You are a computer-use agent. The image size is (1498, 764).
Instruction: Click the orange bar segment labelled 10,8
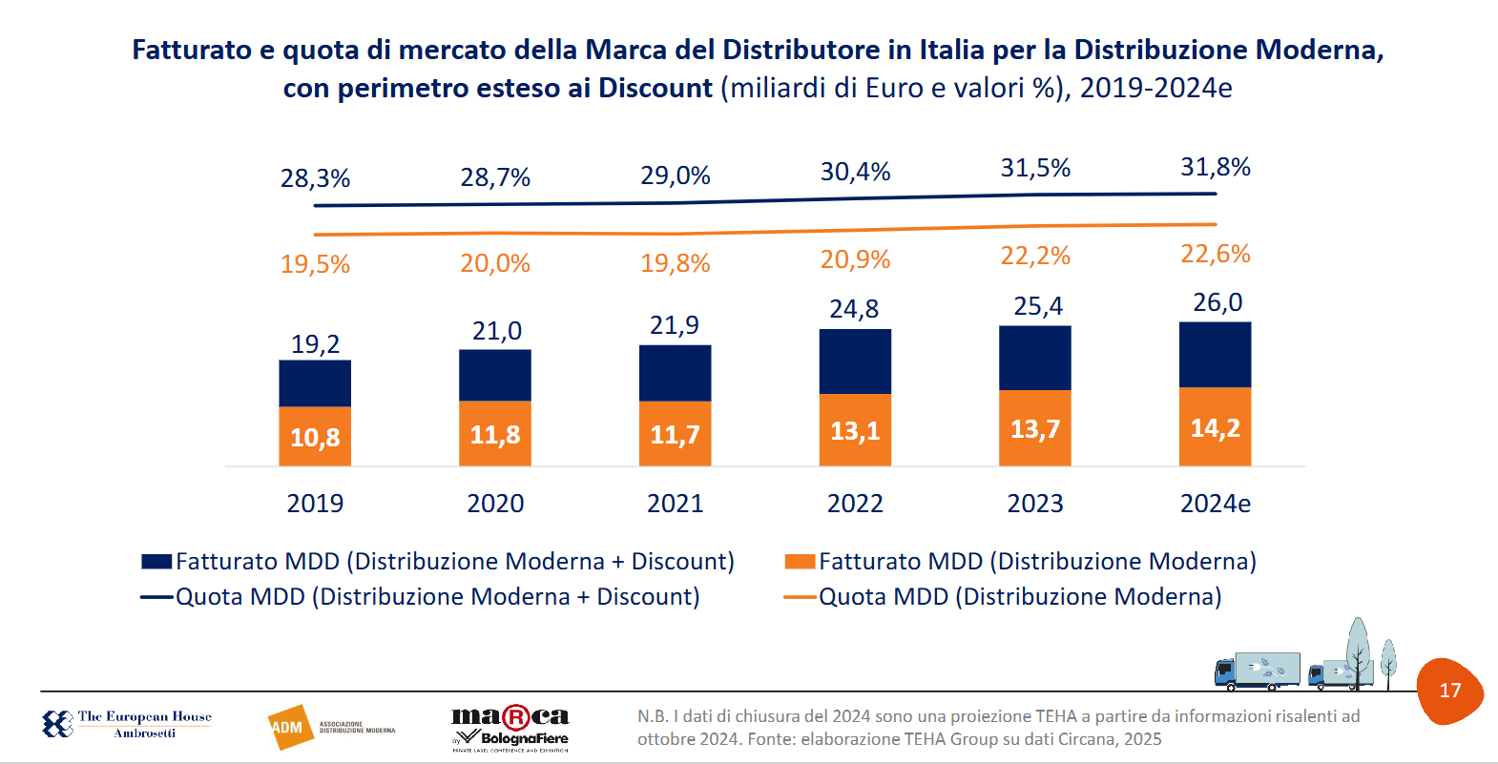(x=315, y=437)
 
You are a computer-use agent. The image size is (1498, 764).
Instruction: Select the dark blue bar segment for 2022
(x=855, y=361)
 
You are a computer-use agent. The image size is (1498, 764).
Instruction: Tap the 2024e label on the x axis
(x=1215, y=504)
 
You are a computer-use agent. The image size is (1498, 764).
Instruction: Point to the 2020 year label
(x=495, y=504)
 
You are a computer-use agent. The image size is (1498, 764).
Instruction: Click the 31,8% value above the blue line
(x=1215, y=167)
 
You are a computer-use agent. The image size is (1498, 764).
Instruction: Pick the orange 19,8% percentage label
(x=675, y=263)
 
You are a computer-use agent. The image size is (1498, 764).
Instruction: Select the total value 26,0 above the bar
(x=1217, y=302)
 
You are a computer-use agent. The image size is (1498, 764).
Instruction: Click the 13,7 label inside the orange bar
(x=1035, y=429)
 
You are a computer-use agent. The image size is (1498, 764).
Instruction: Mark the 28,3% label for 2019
(x=315, y=178)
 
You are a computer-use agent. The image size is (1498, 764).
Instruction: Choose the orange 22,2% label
(x=1035, y=256)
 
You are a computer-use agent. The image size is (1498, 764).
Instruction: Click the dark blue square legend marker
(x=156, y=562)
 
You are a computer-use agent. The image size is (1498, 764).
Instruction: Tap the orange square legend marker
(x=800, y=562)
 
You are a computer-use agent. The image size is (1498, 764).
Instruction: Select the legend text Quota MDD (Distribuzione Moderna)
(x=1020, y=597)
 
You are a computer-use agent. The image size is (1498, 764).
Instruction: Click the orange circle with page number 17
(x=1449, y=691)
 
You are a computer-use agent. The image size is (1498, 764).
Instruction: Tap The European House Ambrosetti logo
(x=127, y=724)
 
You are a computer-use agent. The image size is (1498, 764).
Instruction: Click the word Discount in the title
(x=655, y=88)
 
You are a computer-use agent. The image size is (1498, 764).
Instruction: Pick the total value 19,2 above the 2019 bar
(x=315, y=343)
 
